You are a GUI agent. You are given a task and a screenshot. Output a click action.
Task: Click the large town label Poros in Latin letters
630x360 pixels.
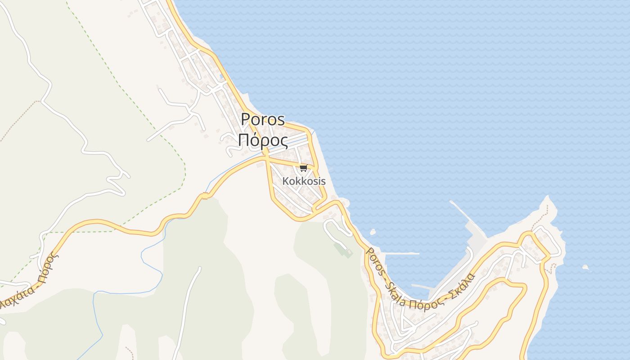pyautogui.click(x=263, y=119)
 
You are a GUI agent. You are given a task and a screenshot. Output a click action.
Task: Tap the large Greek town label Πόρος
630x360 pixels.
pyautogui.click(x=263, y=140)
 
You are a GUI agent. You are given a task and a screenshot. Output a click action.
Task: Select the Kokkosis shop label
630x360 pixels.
pyautogui.click(x=304, y=181)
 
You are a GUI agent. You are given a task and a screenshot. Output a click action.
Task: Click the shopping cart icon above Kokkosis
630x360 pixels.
pyautogui.click(x=303, y=168)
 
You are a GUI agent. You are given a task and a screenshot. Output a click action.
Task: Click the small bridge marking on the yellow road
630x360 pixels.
pyautogui.click(x=205, y=196)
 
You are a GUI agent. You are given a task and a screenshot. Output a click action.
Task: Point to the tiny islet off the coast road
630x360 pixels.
pyautogui.click(x=373, y=232)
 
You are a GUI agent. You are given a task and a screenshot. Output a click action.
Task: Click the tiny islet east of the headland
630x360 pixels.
pyautogui.click(x=585, y=268)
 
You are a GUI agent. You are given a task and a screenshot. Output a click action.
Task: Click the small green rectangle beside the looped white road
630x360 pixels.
pyautogui.click(x=346, y=251)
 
